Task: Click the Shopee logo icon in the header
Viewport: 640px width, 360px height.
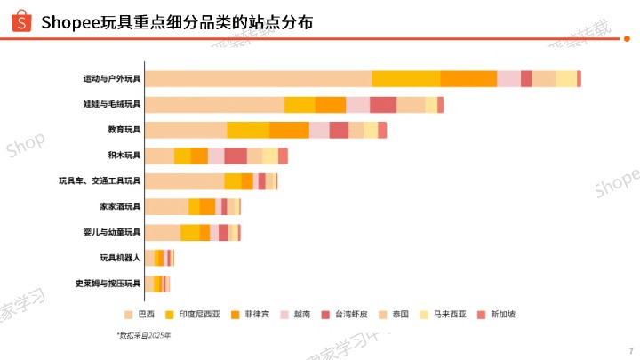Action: (15, 20)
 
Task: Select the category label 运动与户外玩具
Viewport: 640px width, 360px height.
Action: (112, 78)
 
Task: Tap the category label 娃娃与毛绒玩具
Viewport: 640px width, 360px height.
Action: (112, 105)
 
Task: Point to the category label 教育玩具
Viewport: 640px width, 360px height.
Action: (124, 130)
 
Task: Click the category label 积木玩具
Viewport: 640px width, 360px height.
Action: (124, 156)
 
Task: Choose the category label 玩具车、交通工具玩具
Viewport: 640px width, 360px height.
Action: (100, 181)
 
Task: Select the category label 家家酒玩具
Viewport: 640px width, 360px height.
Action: (120, 207)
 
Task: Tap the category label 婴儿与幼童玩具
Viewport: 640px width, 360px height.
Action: (112, 233)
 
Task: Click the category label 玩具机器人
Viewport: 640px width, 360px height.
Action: (120, 259)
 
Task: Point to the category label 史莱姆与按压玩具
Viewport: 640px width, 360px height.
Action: (108, 284)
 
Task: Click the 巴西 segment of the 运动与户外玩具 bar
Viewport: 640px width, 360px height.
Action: (258, 78)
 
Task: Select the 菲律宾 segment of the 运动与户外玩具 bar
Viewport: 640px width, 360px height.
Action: (468, 78)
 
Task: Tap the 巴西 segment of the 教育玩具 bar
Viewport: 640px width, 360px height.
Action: (186, 130)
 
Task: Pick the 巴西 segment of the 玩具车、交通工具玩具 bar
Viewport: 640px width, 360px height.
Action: (184, 181)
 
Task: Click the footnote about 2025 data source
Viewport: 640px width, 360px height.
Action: (143, 336)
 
